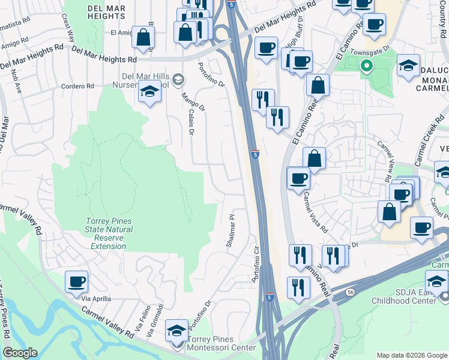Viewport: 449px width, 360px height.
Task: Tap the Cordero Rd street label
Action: click(77, 86)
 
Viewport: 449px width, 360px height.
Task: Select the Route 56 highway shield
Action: click(350, 292)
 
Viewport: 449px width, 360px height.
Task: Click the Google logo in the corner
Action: click(20, 353)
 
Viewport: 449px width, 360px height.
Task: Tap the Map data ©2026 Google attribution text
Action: click(411, 355)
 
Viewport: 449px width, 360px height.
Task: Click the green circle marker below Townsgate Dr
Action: click(365, 67)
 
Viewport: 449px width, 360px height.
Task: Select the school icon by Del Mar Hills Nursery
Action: click(149, 92)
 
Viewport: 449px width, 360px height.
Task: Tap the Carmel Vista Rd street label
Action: click(315, 212)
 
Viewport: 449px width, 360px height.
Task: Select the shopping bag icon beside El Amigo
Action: click(143, 37)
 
